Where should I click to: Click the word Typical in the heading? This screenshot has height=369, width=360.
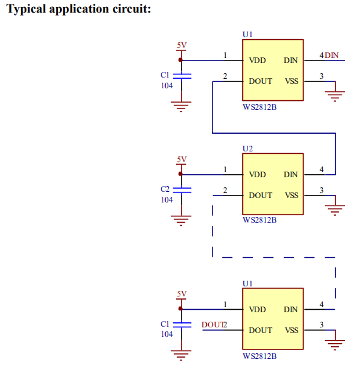tap(26, 9)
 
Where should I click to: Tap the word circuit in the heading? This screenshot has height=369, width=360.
tap(132, 9)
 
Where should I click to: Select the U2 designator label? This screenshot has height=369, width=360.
tap(248, 149)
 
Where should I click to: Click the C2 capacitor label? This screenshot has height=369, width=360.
tap(165, 189)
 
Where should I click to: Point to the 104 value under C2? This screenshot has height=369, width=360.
tap(166, 200)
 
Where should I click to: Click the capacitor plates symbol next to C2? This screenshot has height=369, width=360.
tap(182, 190)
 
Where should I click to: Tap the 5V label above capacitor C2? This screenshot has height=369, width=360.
tap(182, 160)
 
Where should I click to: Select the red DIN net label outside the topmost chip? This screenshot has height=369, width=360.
tap(332, 56)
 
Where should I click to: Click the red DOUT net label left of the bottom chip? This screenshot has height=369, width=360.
tap(212, 324)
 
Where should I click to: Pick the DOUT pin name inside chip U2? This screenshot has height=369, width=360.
tap(260, 196)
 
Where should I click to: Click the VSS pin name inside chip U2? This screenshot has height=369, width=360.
tap(291, 196)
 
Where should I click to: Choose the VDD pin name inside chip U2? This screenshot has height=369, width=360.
tap(257, 175)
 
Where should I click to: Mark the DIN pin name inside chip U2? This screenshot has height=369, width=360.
tap(291, 175)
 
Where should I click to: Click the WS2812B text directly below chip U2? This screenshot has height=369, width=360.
tap(260, 220)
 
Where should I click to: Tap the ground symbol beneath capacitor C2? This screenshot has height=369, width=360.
tap(181, 221)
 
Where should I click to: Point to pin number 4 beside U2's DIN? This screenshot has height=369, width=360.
tap(322, 170)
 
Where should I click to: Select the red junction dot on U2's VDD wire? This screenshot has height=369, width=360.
tap(180, 174)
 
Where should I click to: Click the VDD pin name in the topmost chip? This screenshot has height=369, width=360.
tap(257, 61)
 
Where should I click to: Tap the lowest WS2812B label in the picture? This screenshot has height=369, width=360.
tap(260, 356)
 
